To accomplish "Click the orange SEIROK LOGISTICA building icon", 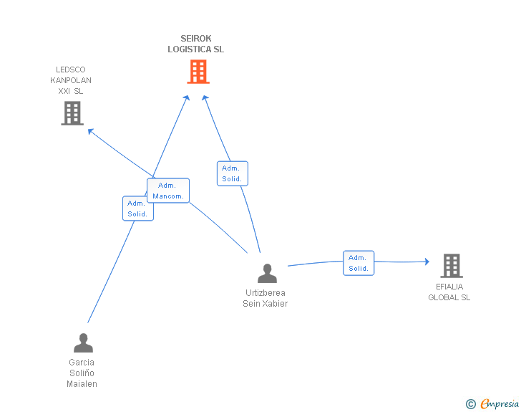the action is click(x=198, y=72).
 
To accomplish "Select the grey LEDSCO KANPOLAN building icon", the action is click(x=72, y=113).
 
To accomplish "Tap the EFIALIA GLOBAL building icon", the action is click(x=452, y=266).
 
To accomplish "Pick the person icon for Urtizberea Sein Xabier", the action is click(x=267, y=273).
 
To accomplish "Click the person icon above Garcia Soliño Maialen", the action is click(x=84, y=342).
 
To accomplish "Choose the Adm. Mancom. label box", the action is click(x=168, y=191).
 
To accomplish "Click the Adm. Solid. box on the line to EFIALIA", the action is click(x=359, y=263).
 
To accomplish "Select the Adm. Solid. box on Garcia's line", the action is click(x=138, y=209).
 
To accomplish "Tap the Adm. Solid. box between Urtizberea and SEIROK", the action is click(x=233, y=173).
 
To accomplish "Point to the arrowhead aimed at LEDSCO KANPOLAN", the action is click(x=90, y=131).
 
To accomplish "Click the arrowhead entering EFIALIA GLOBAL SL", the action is click(x=427, y=262).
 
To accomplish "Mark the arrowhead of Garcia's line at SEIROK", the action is click(x=187, y=97).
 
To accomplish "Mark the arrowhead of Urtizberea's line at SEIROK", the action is click(x=205, y=97).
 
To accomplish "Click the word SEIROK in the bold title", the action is click(x=195, y=39).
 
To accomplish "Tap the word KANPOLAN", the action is click(x=71, y=80).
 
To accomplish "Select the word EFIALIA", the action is click(x=449, y=287).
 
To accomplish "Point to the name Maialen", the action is click(x=82, y=384).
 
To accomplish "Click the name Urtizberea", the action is click(x=265, y=293).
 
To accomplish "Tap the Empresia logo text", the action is click(x=500, y=403).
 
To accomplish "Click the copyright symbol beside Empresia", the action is click(x=470, y=404).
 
